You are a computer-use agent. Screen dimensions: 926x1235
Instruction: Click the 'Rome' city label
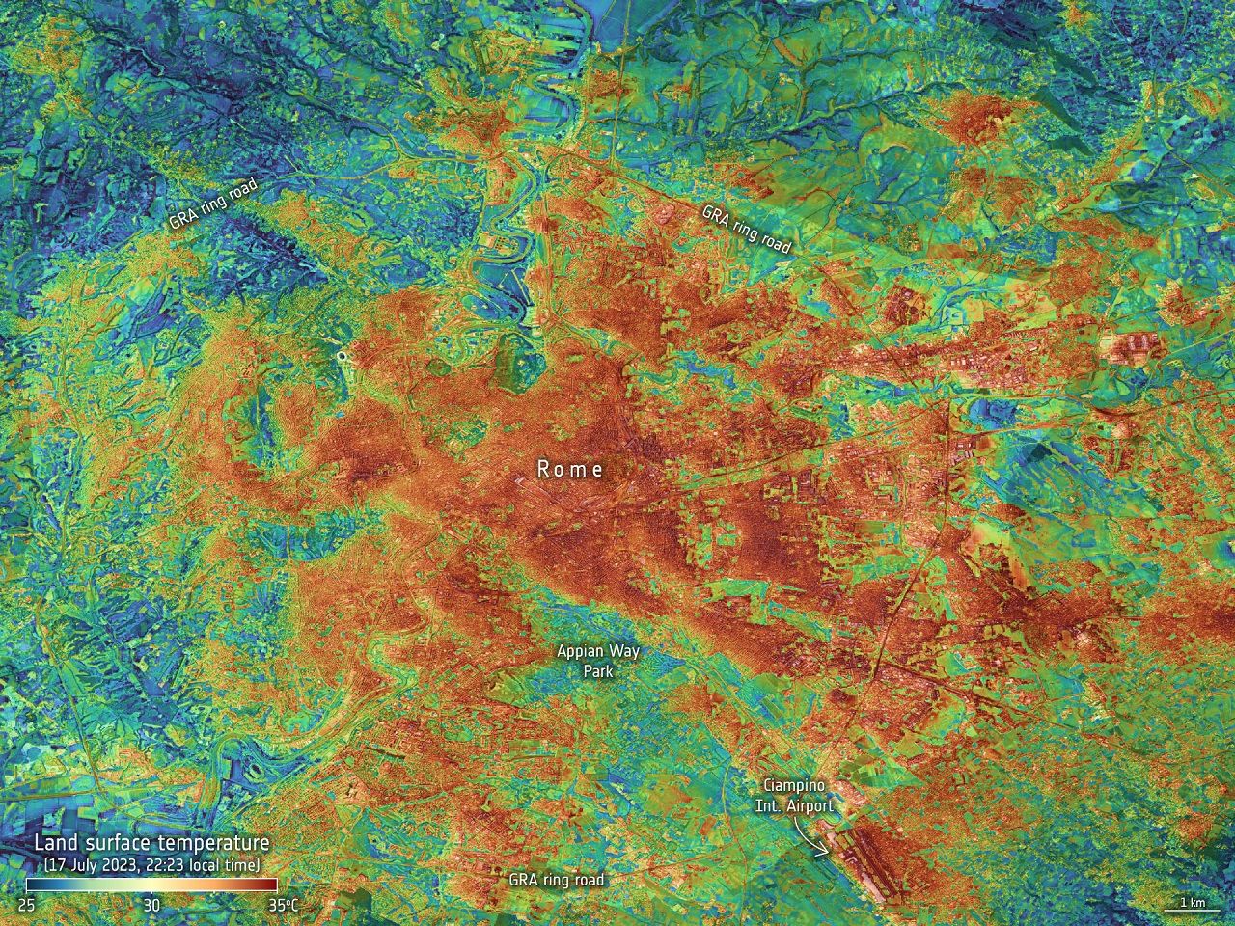(570, 469)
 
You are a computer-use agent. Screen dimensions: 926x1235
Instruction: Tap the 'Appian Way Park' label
(598, 661)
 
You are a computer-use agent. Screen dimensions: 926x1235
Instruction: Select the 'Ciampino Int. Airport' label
(797, 796)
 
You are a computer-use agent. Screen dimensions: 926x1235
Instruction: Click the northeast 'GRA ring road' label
(746, 229)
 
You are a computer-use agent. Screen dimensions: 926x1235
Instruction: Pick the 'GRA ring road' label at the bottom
(557, 880)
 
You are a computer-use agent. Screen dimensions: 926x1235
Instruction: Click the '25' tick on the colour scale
(26, 906)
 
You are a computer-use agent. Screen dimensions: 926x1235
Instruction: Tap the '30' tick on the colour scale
(151, 906)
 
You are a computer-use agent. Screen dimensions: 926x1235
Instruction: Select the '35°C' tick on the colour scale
(283, 906)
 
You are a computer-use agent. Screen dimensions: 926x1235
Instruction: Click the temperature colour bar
(151, 885)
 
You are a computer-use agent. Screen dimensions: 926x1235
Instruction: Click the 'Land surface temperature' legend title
(151, 844)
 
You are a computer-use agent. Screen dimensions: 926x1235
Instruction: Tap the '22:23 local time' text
(203, 864)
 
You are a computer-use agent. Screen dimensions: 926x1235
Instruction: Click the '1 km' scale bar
(1191, 905)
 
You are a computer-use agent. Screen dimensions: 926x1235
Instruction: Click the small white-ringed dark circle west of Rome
(340, 357)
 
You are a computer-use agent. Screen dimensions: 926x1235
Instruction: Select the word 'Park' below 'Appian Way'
(598, 670)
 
